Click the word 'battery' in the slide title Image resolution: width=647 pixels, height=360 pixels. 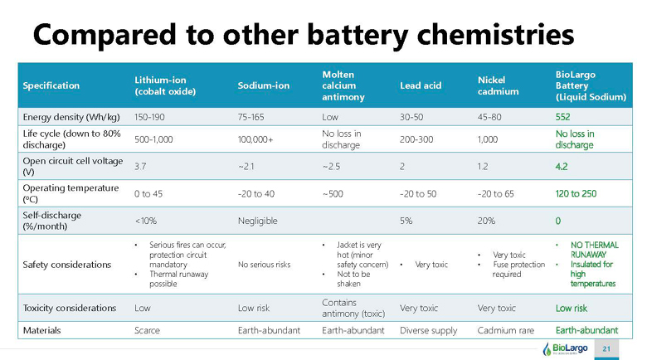[358, 35]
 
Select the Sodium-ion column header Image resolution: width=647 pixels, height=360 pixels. [263, 85]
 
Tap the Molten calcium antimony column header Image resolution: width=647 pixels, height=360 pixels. [343, 85]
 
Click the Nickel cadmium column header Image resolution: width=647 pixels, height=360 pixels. [498, 85]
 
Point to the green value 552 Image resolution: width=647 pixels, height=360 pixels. [562, 117]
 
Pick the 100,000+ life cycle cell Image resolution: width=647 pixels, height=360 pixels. [255, 139]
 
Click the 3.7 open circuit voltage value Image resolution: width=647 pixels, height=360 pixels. [140, 167]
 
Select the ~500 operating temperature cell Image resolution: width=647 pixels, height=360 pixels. [333, 193]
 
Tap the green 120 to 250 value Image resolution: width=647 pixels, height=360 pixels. [576, 193]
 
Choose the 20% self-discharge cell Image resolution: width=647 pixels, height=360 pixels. [486, 221]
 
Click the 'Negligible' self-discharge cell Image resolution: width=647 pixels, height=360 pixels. [257, 221]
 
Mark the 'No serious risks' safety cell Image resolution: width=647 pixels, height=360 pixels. [264, 265]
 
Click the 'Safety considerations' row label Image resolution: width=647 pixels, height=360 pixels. [67, 265]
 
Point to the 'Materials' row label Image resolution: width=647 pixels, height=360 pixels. [41, 330]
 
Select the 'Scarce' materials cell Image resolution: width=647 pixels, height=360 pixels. [147, 330]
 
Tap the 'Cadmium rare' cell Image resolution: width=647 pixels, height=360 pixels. [505, 330]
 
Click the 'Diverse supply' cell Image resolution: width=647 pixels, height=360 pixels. [428, 330]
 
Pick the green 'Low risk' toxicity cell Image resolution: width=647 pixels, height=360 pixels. [571, 308]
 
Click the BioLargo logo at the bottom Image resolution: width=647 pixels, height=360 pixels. [565, 349]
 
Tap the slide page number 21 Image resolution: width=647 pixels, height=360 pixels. [606, 349]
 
